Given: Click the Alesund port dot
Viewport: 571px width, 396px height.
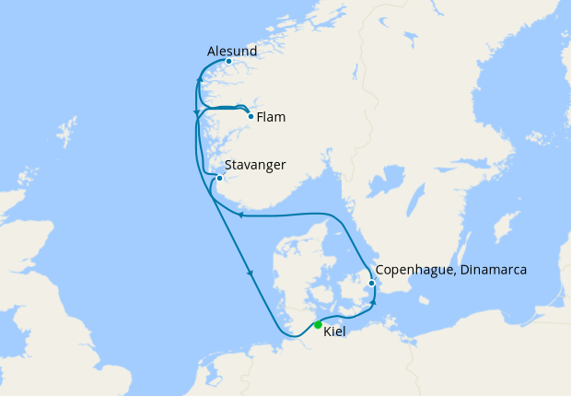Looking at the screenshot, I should point(228,62).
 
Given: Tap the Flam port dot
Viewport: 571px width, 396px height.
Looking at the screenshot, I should point(251,116).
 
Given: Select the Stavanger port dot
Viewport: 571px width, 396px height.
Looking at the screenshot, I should point(219,179).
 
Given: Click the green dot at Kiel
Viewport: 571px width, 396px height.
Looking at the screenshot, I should point(318,324).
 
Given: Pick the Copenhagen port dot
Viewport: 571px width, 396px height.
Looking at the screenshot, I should point(371,283).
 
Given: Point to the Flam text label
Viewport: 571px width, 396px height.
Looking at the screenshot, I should point(271,118).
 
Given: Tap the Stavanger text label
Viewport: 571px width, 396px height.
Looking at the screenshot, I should point(255,165).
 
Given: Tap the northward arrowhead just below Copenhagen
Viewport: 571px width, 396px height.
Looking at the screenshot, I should point(374,302).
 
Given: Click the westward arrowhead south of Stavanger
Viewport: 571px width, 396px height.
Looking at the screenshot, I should point(239,215).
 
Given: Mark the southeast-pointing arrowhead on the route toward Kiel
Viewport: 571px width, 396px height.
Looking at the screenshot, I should point(250,273).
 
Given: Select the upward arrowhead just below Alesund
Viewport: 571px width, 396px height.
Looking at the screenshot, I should point(199,83).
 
